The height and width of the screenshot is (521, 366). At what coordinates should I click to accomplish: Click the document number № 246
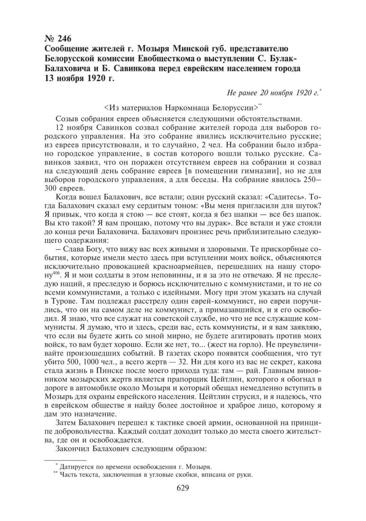[x=57, y=38]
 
